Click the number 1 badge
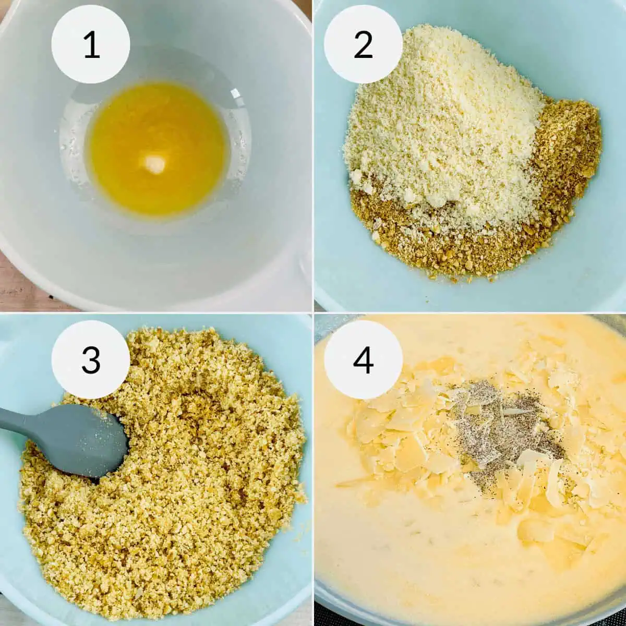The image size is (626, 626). click(91, 44)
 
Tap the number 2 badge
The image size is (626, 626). click(363, 44)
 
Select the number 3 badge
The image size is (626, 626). click(91, 359)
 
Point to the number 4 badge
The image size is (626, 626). click(363, 359)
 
